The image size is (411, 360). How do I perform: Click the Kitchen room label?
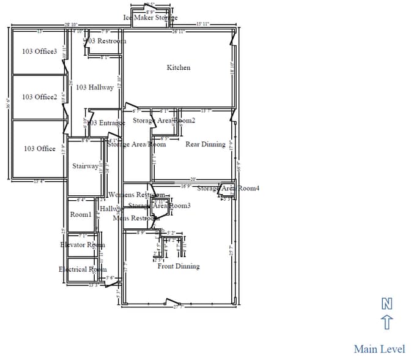tap(179, 67)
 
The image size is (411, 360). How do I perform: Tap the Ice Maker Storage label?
tap(150, 18)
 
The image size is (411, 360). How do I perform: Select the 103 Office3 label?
tap(39, 51)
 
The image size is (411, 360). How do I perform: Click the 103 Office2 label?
tap(39, 97)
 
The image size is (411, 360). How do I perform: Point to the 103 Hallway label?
tap(95, 88)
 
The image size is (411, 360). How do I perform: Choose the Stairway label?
tap(85, 166)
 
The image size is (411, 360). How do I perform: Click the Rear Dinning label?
tap(206, 144)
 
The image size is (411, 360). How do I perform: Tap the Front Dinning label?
tap(179, 266)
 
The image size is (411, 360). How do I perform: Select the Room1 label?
tap(80, 215)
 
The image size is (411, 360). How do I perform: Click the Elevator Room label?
tap(83, 245)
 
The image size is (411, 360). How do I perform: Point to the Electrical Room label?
tap(83, 269)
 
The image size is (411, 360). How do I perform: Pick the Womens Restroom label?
tap(136, 195)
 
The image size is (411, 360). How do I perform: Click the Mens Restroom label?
tap(136, 218)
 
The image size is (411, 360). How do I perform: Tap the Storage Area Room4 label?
tap(228, 188)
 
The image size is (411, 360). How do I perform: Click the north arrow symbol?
tap(387, 322)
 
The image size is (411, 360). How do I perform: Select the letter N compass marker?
tap(387, 303)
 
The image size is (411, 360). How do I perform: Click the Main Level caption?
tap(379, 349)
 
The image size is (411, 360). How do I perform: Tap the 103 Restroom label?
tap(105, 41)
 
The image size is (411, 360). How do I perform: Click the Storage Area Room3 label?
tap(159, 206)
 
